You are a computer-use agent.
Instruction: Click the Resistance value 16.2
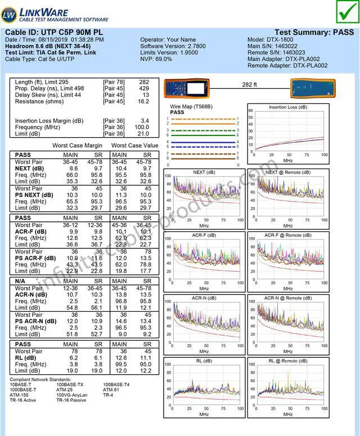pyautogui.click(x=143, y=102)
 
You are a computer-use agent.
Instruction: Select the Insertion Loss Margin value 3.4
pyautogui.click(x=145, y=121)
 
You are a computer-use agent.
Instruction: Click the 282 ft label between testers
pyautogui.click(x=249, y=85)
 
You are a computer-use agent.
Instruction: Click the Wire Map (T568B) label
pyautogui.click(x=191, y=106)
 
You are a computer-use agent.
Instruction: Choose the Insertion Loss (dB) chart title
pyautogui.click(x=287, y=107)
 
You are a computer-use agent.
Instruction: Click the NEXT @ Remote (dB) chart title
pyautogui.click(x=287, y=172)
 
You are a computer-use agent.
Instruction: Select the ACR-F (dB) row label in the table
pyautogui.click(x=30, y=231)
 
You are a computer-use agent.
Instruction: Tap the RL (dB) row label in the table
pyautogui.click(x=26, y=358)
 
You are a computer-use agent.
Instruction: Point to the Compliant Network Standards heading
pyautogui.click(x=42, y=379)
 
